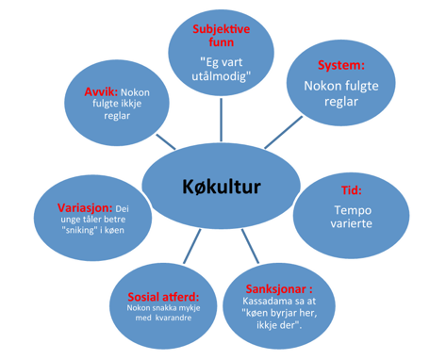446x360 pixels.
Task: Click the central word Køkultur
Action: tap(222, 187)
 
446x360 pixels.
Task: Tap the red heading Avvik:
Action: tap(101, 92)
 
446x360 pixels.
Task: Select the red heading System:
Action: tap(341, 65)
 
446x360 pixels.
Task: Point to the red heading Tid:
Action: tap(352, 190)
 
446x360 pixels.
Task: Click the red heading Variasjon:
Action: tap(85, 207)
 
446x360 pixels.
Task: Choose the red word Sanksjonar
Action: tap(275, 288)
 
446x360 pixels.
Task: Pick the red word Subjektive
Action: tap(222, 29)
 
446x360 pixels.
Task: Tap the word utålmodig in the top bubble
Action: tap(219, 76)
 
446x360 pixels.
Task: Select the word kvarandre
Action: tap(173, 318)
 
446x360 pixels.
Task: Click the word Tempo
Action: tap(353, 210)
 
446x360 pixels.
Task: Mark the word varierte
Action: tap(351, 223)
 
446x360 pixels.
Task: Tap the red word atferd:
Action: tap(181, 297)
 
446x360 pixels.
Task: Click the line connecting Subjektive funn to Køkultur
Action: tap(222, 120)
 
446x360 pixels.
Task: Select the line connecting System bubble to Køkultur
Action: tap(284, 132)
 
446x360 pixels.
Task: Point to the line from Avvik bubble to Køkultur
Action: tap(166, 141)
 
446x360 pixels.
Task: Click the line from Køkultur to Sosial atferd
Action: tap(192, 246)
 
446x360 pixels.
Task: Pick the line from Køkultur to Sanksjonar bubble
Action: tap(250, 246)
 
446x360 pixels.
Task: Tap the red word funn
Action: tap(222, 42)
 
